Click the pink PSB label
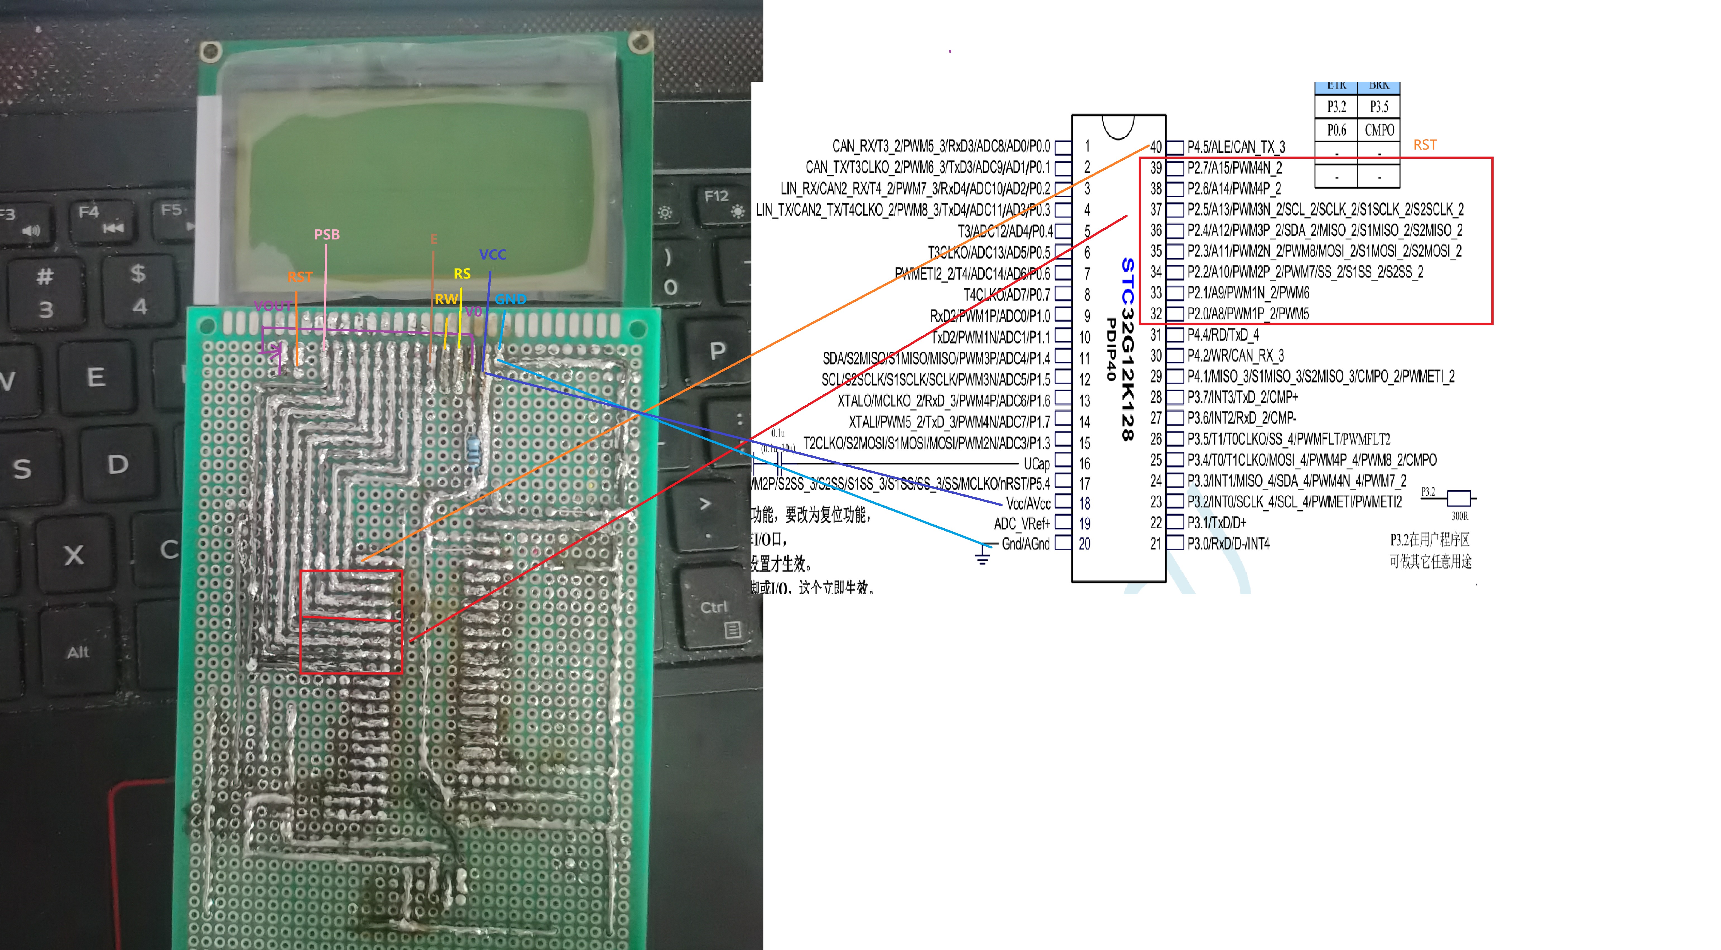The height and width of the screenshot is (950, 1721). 327,234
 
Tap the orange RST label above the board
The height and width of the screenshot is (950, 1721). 300,277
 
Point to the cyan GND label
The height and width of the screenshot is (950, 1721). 510,299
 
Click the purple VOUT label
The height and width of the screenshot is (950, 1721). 273,306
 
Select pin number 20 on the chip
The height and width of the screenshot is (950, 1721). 1084,544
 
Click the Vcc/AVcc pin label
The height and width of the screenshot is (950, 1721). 1028,504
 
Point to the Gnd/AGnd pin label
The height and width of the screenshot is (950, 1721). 1025,544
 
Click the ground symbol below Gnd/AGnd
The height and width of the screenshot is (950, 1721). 982,556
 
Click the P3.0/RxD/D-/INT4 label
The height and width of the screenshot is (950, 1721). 1228,544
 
